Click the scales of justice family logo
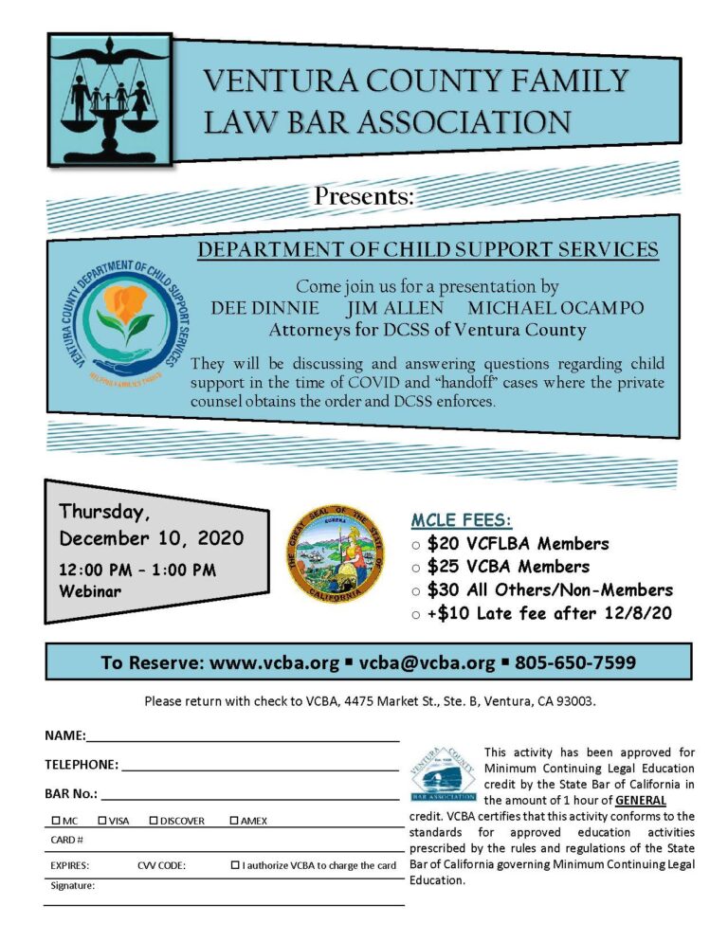[x=109, y=99]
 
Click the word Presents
[x=364, y=197]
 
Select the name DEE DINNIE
[x=264, y=309]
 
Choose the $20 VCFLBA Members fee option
[x=518, y=544]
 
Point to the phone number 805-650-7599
[x=575, y=661]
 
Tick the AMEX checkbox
[x=235, y=820]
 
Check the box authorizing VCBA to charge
[x=235, y=865]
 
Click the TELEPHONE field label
[x=82, y=764]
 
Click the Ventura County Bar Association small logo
[x=443, y=770]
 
